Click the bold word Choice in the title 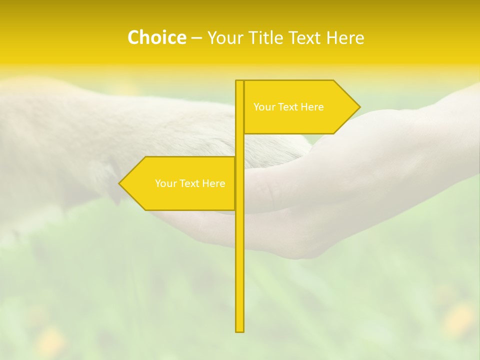click(156, 37)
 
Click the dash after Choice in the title click(196, 38)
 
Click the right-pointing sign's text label click(288, 107)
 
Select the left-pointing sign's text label click(190, 183)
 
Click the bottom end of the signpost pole click(240, 330)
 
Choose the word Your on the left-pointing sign click(165, 183)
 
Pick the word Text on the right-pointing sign click(287, 107)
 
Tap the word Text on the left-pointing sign click(188, 183)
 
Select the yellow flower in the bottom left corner click(50, 342)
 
